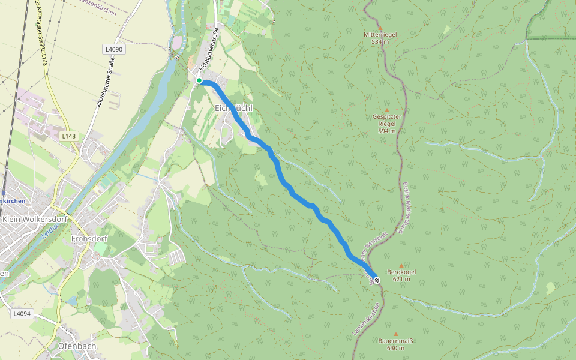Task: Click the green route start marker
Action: pos(199,80)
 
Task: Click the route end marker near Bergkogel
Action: pos(377,280)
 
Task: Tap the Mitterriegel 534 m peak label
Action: pos(380,38)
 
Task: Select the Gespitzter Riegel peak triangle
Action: pos(386,110)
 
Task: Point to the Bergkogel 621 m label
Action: pos(402,275)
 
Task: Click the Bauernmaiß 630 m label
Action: pos(397,344)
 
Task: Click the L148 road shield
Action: pos(68,136)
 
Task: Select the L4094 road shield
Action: pos(21,313)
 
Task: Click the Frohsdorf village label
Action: pos(89,238)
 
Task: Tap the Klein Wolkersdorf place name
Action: pos(35,220)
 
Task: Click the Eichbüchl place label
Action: pos(233,107)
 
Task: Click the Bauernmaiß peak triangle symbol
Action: pos(395,334)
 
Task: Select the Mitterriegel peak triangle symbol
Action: pos(380,28)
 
